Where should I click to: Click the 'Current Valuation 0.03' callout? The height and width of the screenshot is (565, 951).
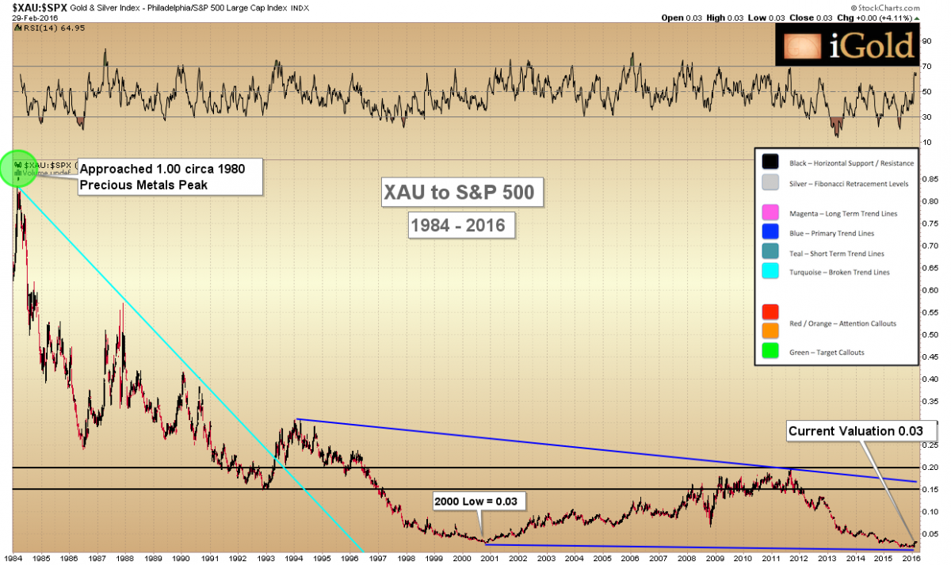tap(861, 432)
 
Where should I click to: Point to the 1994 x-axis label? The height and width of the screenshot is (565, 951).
tap(294, 557)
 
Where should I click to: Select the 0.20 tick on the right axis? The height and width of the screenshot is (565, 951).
tap(930, 468)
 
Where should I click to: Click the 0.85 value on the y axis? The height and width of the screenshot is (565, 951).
tap(930, 179)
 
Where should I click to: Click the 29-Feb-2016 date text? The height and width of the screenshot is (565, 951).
tap(25, 17)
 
